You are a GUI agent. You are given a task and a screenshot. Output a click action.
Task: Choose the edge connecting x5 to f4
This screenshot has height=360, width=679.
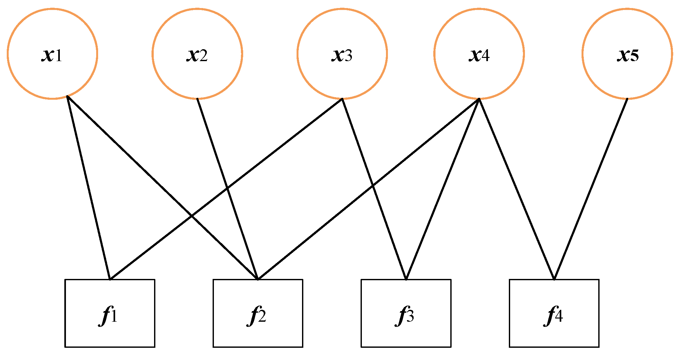click(591, 189)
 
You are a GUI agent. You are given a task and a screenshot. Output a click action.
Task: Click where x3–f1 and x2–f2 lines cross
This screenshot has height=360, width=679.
click(227, 188)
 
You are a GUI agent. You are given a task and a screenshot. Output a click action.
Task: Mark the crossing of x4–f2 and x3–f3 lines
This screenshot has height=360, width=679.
click(372, 186)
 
